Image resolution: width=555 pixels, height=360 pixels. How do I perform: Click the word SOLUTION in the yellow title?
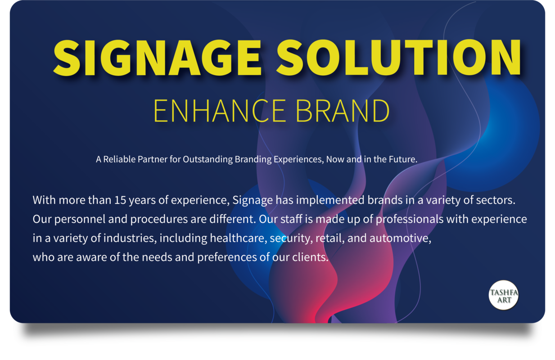pos(399,57)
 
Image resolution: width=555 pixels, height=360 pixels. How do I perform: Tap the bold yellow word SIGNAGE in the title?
pos(158,57)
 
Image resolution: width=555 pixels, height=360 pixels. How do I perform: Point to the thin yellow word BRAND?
pos(343,111)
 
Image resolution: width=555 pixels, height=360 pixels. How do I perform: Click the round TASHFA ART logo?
pos(504,295)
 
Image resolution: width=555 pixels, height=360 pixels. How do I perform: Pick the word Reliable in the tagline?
pos(119,159)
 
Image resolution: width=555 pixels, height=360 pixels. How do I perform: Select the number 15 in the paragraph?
pos(120,200)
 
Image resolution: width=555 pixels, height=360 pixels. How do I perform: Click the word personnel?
pos(80,220)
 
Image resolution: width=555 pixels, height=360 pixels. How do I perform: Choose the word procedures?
pos(159,220)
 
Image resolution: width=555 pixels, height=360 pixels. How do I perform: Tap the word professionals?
pos(410,220)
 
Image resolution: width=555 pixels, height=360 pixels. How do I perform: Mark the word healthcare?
pos(239,238)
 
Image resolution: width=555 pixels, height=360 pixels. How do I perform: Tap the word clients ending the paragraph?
pos(310,257)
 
